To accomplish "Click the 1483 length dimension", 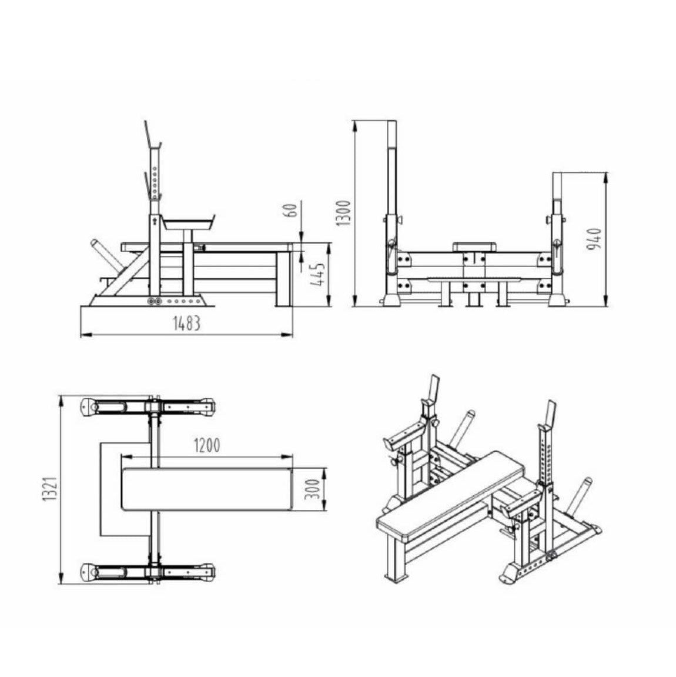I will [x=186, y=323].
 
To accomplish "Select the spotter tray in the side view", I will [x=189, y=223].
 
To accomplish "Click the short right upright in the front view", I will [x=557, y=235].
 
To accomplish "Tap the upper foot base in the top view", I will [x=147, y=406].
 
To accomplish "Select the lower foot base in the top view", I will [x=147, y=570].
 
